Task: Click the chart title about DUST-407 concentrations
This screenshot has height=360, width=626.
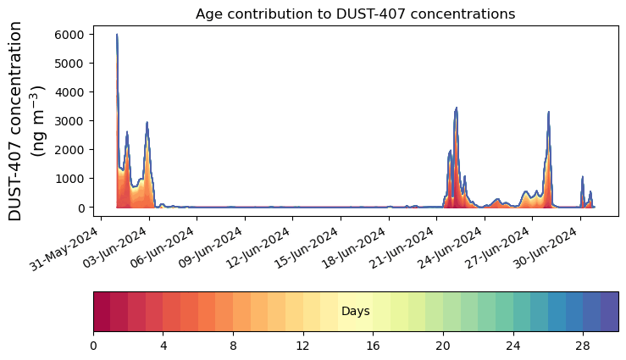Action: [x=355, y=14]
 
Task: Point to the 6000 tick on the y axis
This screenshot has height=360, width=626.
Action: [x=70, y=35]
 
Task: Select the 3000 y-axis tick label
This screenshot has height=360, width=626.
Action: [x=70, y=121]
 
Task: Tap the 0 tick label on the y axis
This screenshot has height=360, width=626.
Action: [x=81, y=208]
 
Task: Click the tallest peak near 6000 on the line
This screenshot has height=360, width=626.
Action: [x=117, y=35]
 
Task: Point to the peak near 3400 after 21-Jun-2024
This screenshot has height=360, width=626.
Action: [x=457, y=108]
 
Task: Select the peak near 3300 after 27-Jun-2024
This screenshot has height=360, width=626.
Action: [x=549, y=112]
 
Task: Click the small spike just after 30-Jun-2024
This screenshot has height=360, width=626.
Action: [x=583, y=177]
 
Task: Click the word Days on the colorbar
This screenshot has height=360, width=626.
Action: [x=355, y=312]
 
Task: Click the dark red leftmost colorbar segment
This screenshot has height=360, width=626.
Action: [x=102, y=312]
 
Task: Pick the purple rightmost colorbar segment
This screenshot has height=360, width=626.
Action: [x=609, y=312]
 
